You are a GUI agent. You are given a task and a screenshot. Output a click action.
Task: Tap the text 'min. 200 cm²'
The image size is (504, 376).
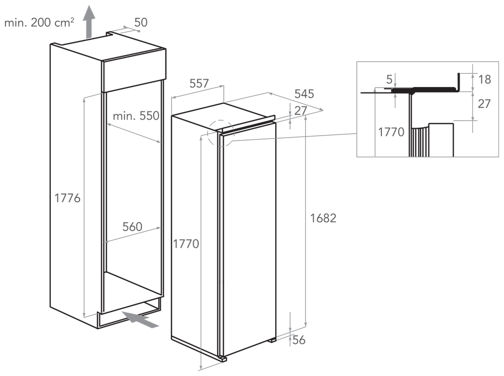pyautogui.click(x=39, y=22)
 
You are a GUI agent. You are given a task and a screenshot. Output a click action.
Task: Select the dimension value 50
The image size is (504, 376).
pyautogui.click(x=141, y=22)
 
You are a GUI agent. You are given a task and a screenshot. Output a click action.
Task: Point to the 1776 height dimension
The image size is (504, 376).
pyautogui.click(x=67, y=198)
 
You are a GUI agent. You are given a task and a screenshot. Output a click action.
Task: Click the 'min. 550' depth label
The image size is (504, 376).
pyautogui.click(x=136, y=116)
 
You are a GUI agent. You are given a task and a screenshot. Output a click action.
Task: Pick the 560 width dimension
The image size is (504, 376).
pyautogui.click(x=132, y=227)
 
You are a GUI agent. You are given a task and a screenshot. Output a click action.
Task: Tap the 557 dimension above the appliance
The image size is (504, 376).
pyautogui.click(x=199, y=84)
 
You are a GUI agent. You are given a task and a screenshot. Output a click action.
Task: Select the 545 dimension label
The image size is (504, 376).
pyautogui.click(x=304, y=94)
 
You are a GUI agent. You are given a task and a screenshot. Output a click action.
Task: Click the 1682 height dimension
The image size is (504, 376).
pyautogui.click(x=323, y=218)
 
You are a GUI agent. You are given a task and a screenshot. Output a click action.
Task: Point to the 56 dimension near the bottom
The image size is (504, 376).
pyautogui.click(x=298, y=340)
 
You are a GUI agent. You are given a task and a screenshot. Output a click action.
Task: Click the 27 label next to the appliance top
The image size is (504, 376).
pyautogui.click(x=300, y=110)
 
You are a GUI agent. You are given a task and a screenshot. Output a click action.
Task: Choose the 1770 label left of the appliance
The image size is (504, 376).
pyautogui.click(x=186, y=244)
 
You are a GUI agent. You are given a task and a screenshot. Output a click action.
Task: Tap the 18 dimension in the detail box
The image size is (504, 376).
pyautogui.click(x=484, y=79)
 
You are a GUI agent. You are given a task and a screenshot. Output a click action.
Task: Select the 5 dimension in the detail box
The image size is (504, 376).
pyautogui.click(x=389, y=79)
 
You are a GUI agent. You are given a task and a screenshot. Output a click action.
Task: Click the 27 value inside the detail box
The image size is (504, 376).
pyautogui.click(x=484, y=104)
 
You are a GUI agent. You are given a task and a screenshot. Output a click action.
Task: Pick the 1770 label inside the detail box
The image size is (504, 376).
pyautogui.click(x=391, y=132)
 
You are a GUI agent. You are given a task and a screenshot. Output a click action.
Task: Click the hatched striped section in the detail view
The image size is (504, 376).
pyautogui.click(x=419, y=141)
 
